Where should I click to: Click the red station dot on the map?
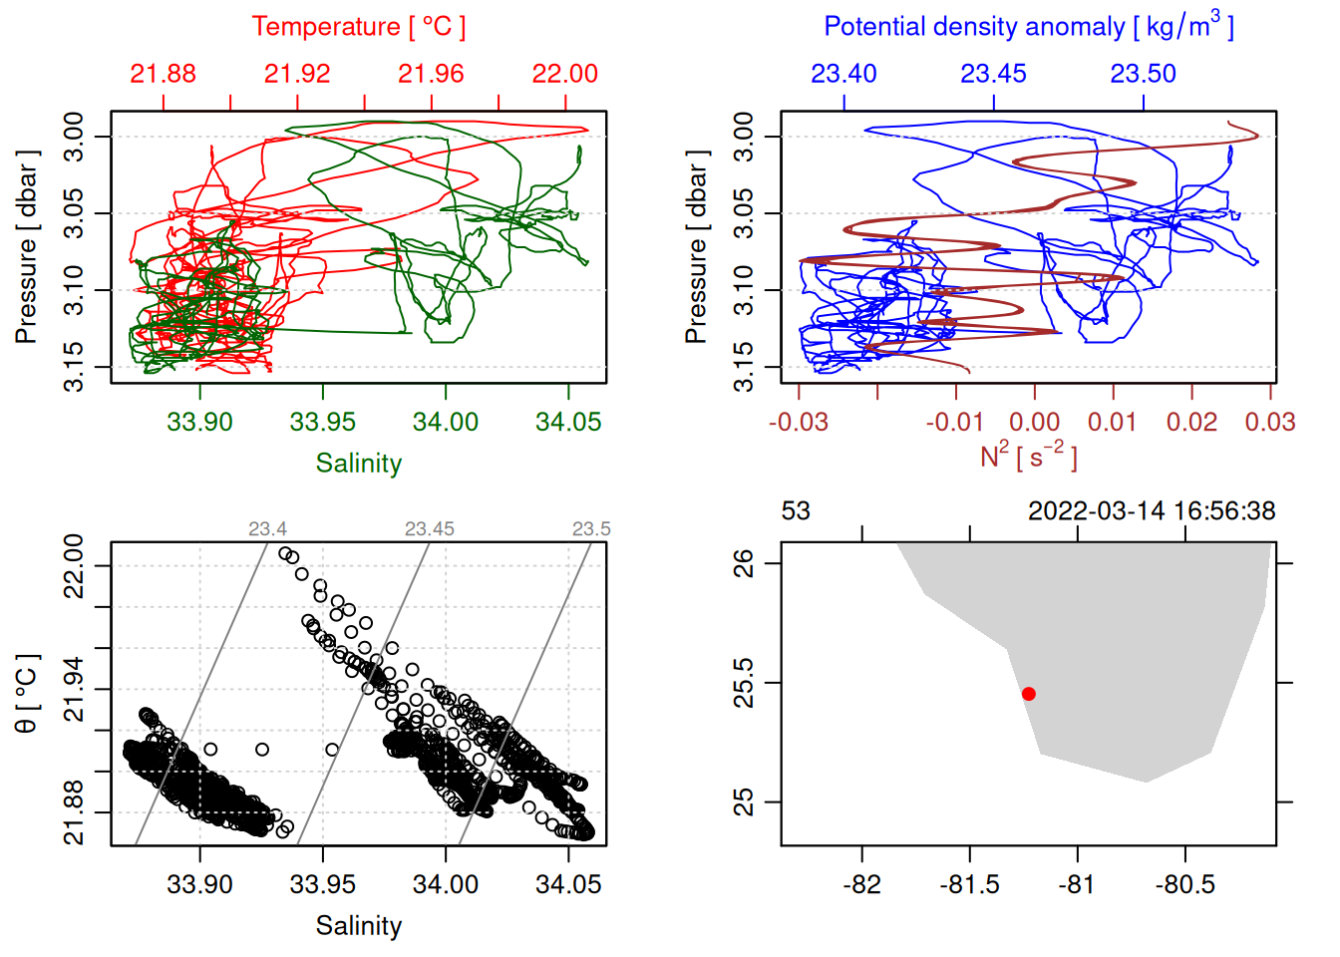(x=1028, y=694)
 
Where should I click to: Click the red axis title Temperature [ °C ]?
(x=358, y=27)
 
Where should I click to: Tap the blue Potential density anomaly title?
(x=1028, y=27)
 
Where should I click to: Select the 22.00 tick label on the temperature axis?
(x=564, y=74)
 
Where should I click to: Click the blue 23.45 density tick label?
(x=993, y=74)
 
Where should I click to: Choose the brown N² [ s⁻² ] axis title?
(x=1028, y=456)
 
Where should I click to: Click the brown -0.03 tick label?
(x=798, y=422)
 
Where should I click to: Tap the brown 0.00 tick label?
(x=1034, y=422)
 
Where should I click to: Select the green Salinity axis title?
(x=358, y=464)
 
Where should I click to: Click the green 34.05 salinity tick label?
(x=568, y=422)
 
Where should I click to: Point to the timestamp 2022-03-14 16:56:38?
(x=1152, y=511)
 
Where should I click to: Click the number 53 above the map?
(x=796, y=511)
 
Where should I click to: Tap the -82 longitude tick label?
(x=861, y=884)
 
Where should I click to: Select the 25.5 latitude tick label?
(x=744, y=683)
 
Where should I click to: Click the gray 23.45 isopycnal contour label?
(x=429, y=529)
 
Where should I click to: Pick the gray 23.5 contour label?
(x=591, y=529)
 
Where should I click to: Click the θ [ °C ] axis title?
(x=27, y=694)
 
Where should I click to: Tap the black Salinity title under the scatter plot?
(x=358, y=926)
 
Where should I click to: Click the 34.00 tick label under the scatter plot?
(x=445, y=884)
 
